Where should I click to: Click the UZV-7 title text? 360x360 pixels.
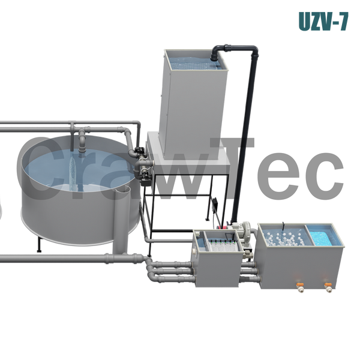(323, 22)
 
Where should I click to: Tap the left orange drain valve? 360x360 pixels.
(300, 287)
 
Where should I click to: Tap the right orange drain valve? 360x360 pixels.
(328, 287)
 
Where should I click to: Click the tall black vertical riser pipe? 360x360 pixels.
(244, 138)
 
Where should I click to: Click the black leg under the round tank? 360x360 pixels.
(39, 245)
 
